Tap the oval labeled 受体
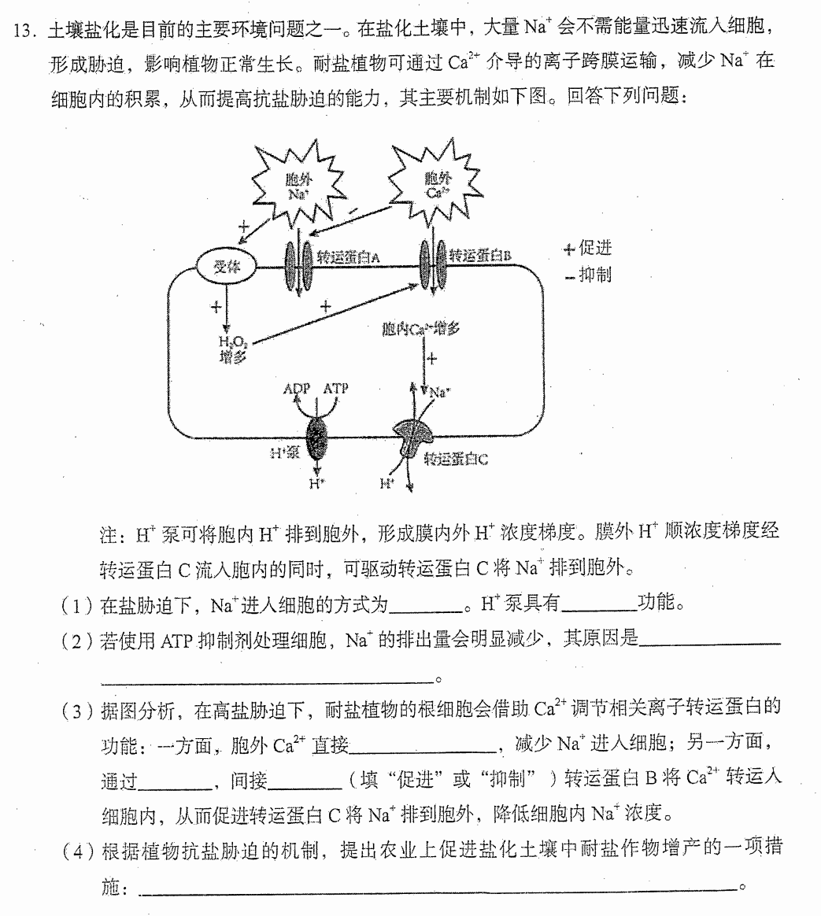pos(226,268)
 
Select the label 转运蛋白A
pos(348,257)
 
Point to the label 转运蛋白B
pos(480,255)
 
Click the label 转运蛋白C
pos(456,459)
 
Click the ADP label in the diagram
pos(296,389)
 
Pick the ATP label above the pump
pos(335,388)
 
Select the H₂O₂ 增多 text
pos(233,349)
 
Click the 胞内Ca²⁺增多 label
pos(420,329)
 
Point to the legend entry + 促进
pos(587,248)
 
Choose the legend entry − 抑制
pos(588,275)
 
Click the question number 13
pos(24,31)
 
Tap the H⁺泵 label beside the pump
pos(285,452)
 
